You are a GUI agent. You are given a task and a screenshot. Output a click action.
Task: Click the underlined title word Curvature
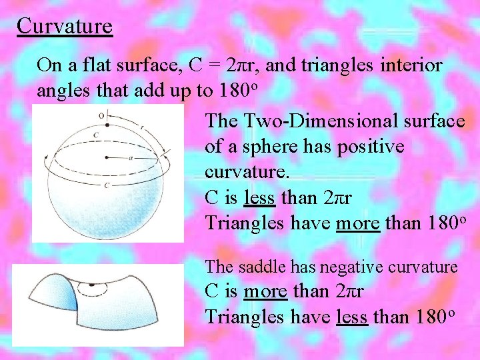[x=65, y=27]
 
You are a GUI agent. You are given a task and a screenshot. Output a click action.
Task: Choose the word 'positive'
[x=373, y=146]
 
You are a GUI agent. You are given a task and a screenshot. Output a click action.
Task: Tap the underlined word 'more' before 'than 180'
[x=358, y=223]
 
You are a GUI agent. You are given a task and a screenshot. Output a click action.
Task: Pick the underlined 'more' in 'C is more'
[x=265, y=291]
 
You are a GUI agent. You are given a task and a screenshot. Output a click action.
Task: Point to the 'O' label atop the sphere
[x=101, y=115]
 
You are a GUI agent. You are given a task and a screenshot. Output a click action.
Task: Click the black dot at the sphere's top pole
[x=107, y=125]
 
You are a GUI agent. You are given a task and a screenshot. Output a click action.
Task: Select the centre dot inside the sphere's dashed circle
[x=107, y=157]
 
